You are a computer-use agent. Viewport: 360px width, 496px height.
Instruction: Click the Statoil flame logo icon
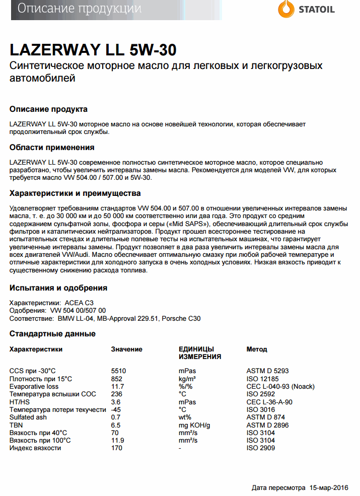point(286,9)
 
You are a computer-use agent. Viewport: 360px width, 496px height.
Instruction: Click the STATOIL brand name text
point(316,10)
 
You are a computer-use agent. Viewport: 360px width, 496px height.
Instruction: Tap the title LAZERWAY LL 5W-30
point(93,50)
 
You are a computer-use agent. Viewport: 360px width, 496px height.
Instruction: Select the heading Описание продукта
point(48,109)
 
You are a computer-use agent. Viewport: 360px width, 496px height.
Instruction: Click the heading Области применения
point(52,148)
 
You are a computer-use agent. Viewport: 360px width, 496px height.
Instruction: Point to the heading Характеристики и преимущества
point(75,193)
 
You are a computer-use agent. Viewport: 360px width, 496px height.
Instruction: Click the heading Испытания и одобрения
point(58,288)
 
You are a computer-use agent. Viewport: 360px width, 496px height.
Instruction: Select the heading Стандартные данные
point(52,334)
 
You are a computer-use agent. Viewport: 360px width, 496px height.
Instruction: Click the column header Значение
point(126,349)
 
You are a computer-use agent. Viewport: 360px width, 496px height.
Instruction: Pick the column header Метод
point(256,349)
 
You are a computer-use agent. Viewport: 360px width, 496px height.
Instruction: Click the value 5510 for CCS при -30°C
point(118,371)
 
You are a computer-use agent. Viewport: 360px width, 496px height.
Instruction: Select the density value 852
point(116,379)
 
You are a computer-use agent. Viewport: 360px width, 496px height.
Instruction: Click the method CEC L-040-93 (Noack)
point(280,386)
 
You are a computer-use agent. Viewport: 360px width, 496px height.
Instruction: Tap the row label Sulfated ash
point(28,417)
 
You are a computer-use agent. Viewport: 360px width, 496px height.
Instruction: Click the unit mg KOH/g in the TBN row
point(194,425)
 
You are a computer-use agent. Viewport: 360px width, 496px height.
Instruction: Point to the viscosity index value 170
point(116,448)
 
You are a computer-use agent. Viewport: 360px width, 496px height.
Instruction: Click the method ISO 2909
point(260,448)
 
